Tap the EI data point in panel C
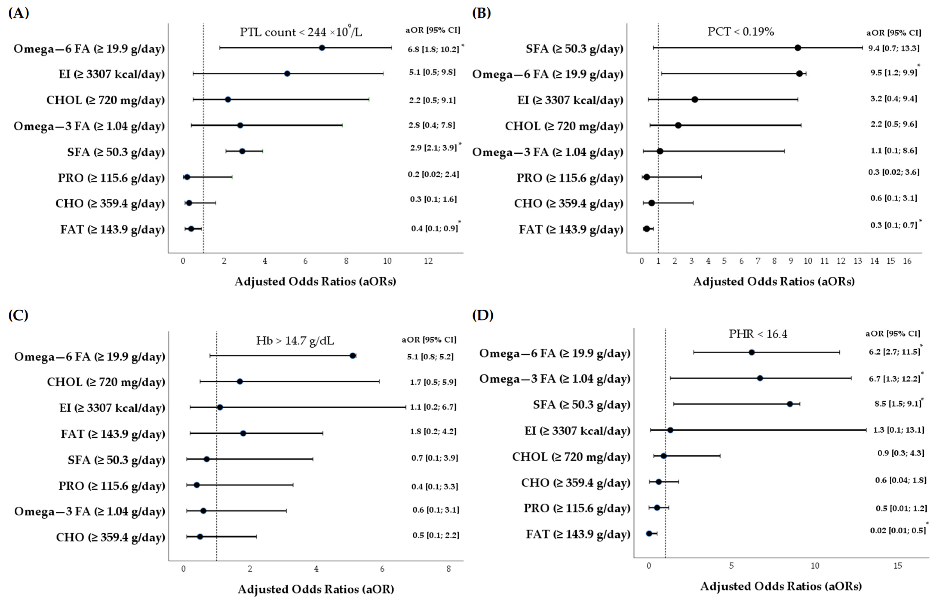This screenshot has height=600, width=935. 220,407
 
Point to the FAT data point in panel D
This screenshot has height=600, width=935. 649,533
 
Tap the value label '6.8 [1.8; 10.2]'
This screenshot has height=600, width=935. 433,49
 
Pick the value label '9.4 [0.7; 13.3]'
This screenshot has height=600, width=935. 894,48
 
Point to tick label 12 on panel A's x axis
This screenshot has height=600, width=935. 428,261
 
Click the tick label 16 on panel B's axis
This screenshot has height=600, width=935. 907,261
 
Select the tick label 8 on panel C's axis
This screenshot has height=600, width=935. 449,569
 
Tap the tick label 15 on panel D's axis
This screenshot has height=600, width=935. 898,565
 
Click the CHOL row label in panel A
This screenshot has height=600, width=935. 105,100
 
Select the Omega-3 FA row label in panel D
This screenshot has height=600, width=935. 555,379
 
